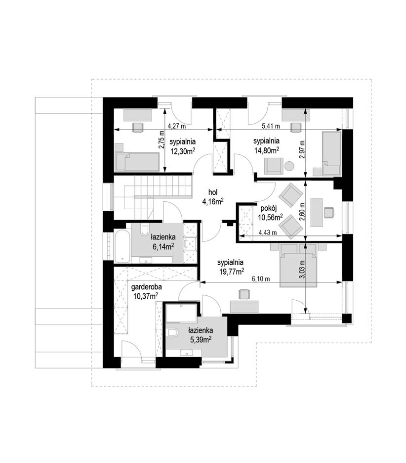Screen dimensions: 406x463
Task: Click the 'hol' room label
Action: tap(212, 192)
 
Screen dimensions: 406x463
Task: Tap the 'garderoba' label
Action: tap(147, 287)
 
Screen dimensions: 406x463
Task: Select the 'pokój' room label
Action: tap(268, 208)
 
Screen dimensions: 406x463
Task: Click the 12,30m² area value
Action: tap(183, 151)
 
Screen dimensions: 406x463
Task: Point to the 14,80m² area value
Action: tap(267, 150)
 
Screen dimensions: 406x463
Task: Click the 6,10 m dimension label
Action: tap(261, 279)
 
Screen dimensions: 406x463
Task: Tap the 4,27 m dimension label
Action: tap(177, 126)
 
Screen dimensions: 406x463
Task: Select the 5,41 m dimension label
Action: tap(271, 126)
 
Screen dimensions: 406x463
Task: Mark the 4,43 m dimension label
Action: tap(267, 232)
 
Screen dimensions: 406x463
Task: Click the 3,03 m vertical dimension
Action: tap(302, 269)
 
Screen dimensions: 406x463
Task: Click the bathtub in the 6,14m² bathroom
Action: tap(122, 246)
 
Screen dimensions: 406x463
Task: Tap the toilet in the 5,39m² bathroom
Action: tap(172, 333)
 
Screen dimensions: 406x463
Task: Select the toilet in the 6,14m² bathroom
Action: tap(145, 229)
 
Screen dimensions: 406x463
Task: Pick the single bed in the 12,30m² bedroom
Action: tap(137, 162)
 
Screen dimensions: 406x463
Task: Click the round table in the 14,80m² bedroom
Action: tap(289, 166)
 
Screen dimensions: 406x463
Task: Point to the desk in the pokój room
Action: tap(317, 213)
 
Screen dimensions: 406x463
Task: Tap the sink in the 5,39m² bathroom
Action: tap(186, 353)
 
